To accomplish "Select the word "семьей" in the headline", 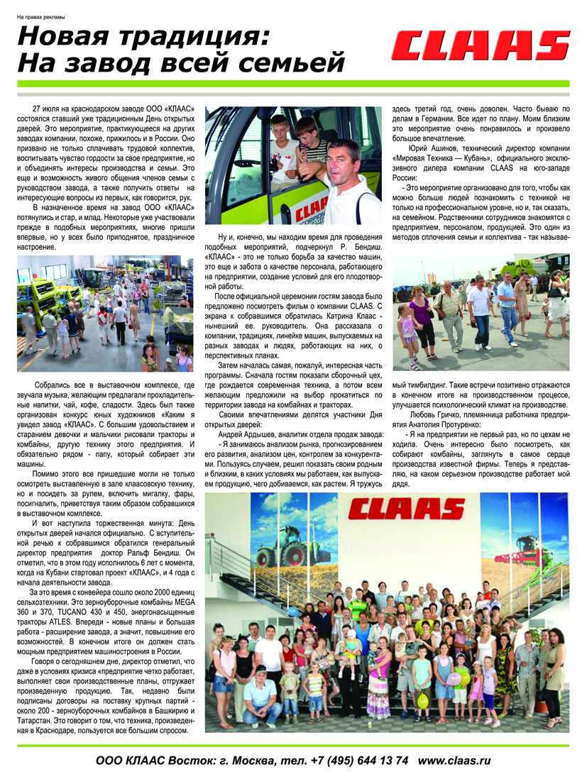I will [290, 63].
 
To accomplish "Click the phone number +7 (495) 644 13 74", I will [359, 760].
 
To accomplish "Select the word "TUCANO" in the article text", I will [84, 612].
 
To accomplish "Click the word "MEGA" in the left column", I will [182, 601].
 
